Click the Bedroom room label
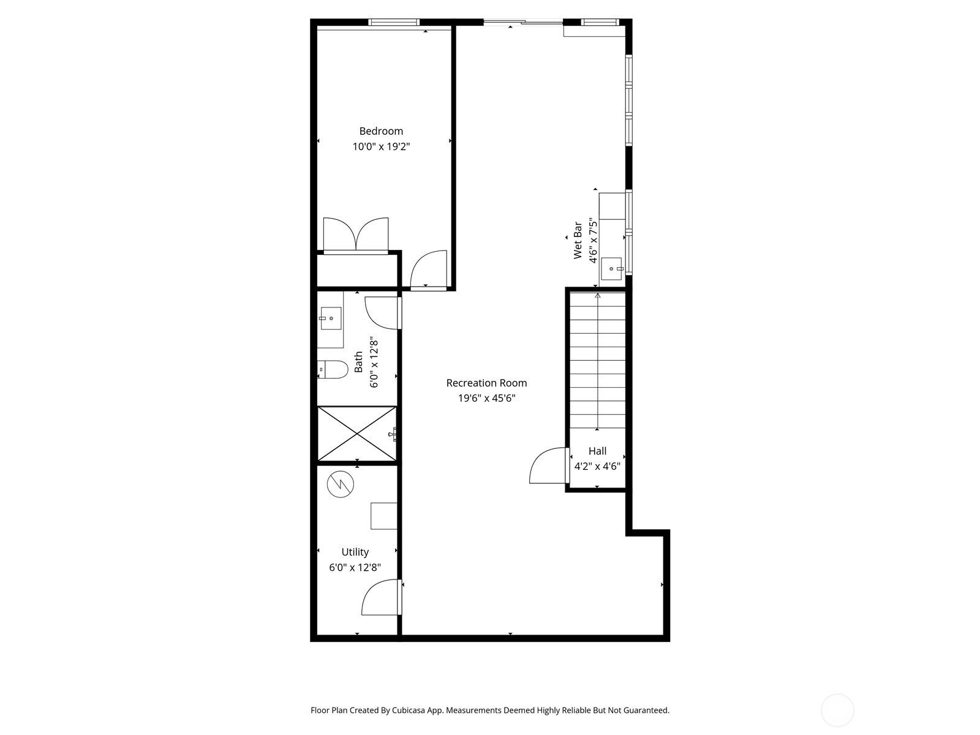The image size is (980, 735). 381,131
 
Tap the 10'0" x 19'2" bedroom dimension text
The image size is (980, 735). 381,147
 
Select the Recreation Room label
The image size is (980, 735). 486,383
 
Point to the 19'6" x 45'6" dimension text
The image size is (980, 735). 486,399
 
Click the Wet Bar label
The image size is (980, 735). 578,241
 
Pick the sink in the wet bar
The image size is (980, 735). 612,268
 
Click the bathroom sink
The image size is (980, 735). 330,318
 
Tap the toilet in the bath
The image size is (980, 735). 333,369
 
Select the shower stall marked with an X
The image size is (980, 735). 356,433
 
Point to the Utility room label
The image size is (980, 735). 355,552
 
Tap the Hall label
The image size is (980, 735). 597,451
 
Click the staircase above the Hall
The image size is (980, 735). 598,361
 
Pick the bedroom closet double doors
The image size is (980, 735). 356,235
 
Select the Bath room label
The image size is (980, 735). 359,361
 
